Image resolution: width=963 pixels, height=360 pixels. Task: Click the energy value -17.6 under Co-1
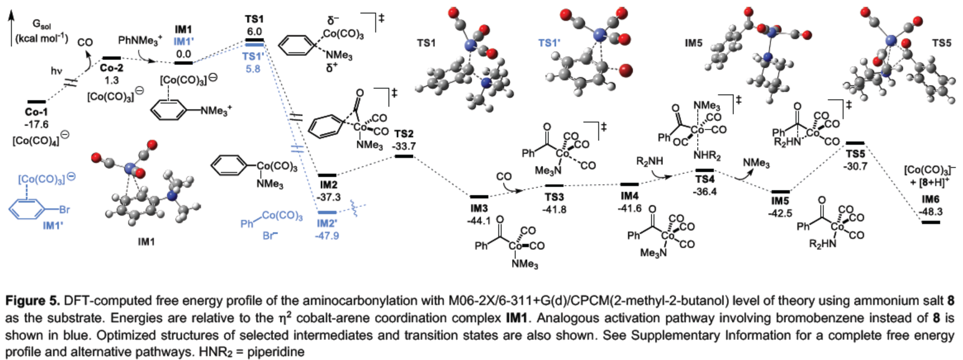[x=36, y=124]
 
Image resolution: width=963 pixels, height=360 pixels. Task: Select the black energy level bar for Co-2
[x=111, y=58]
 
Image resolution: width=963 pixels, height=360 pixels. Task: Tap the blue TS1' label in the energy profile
[x=253, y=57]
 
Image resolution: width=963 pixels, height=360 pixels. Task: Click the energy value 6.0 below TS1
[x=254, y=31]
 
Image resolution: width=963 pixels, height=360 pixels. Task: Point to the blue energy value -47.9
[x=327, y=236]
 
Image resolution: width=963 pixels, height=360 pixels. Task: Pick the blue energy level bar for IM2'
[x=327, y=212]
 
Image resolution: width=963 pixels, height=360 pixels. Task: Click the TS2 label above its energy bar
[x=404, y=134]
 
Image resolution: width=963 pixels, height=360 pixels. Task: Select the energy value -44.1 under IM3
[x=478, y=221]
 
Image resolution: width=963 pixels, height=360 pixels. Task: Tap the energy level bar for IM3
[x=478, y=197]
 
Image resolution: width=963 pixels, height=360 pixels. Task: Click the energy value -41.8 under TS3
[x=554, y=210]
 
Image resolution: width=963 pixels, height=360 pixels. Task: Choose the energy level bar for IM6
[x=931, y=222]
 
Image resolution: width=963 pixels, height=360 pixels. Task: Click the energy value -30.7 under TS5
[x=855, y=166]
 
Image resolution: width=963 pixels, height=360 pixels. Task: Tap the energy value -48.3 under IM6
[x=931, y=211]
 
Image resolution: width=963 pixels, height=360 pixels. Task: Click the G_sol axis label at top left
[x=42, y=24]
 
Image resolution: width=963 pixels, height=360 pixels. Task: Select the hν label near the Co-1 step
[x=56, y=70]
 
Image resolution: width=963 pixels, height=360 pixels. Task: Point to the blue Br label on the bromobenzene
[x=64, y=210]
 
